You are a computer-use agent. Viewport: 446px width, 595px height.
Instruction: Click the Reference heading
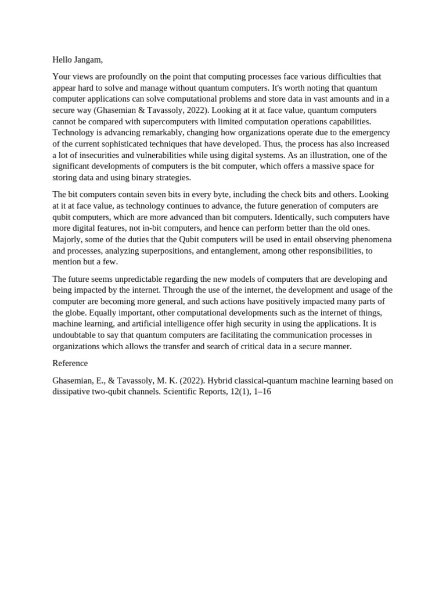pos(70,363)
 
